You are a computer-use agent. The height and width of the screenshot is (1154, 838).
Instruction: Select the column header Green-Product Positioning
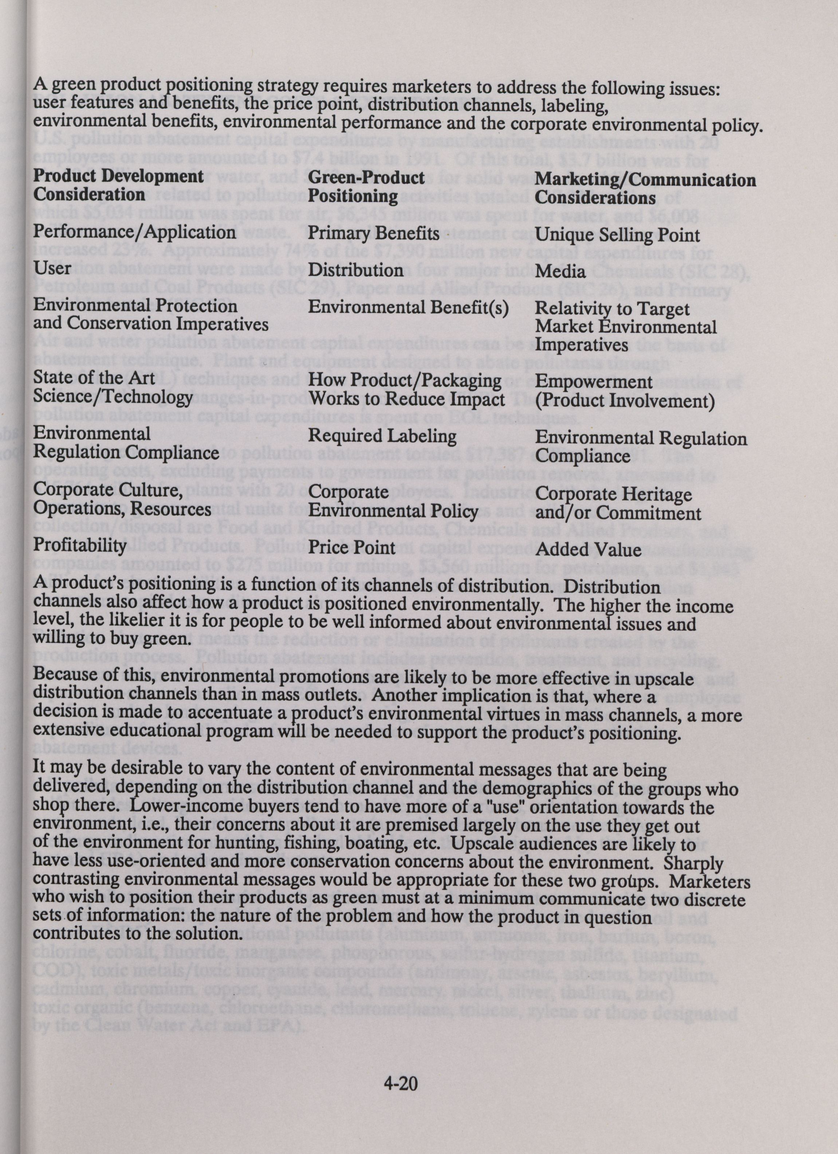point(367,186)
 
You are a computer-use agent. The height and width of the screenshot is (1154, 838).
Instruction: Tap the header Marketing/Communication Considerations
point(646,188)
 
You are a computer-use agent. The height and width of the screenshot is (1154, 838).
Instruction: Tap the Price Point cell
point(352,547)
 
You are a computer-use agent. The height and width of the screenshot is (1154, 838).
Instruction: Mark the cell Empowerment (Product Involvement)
point(625,392)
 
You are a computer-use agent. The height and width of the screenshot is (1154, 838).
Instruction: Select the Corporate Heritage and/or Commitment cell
point(618,504)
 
